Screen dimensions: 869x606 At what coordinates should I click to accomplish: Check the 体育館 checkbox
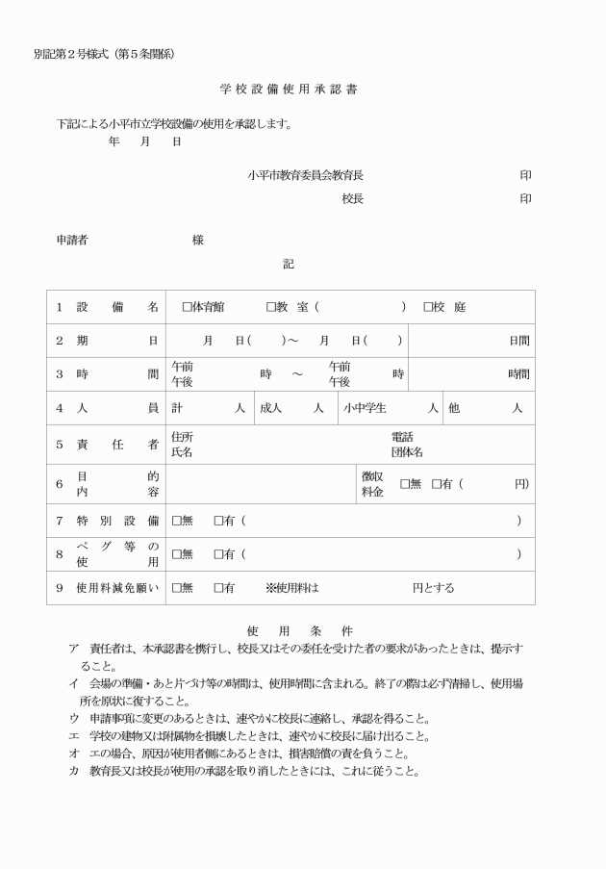tap(187, 307)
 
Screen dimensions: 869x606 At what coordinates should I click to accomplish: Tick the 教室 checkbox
tap(271, 307)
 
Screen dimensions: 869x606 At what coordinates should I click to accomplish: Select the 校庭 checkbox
tap(428, 307)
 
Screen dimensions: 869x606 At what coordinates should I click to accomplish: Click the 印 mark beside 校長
tap(525, 199)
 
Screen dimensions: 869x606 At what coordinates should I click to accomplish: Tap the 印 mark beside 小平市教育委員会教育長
tap(525, 175)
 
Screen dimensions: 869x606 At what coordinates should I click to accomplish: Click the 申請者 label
tap(72, 240)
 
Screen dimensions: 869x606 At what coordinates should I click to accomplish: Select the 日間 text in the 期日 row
tap(518, 341)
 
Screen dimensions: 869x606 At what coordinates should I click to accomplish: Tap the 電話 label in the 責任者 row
tap(401, 438)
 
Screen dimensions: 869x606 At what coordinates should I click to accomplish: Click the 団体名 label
tap(406, 452)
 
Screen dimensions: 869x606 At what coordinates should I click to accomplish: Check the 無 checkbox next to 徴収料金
tap(405, 484)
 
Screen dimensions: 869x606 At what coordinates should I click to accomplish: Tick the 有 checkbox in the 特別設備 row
tap(218, 521)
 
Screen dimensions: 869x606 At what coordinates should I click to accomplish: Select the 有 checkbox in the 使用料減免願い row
tap(218, 588)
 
